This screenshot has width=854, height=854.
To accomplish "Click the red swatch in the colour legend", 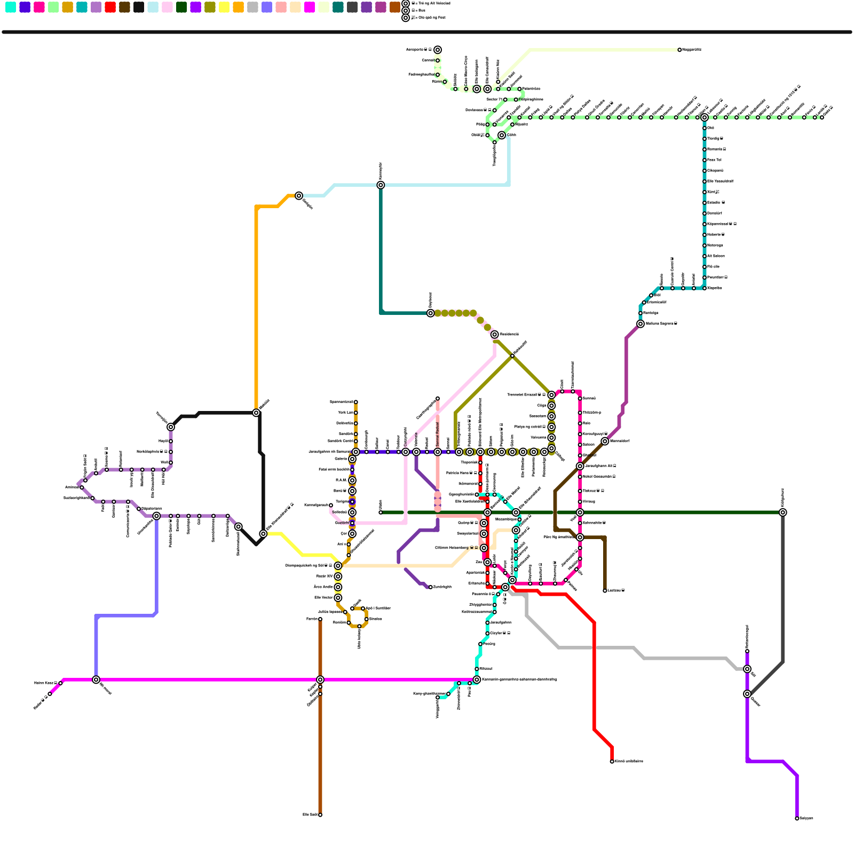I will coord(110,7).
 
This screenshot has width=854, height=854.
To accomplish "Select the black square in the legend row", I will coord(139,7).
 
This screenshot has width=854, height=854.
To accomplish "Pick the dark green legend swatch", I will coord(181,7).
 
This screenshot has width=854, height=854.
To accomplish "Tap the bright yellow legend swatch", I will coord(224,7).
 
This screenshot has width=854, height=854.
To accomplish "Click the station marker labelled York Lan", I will coord(356,413).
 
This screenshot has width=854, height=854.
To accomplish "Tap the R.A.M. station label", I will coord(341,480).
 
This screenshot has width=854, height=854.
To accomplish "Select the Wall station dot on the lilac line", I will coord(171,463).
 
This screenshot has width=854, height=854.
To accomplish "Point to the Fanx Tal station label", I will coord(715,160).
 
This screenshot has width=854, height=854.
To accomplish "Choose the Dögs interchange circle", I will coord(551,406).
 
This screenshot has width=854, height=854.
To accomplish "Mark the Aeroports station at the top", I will coord(438,50).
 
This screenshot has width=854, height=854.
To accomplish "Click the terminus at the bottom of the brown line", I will coord(320,815).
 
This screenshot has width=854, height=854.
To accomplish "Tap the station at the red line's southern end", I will coord(612,762).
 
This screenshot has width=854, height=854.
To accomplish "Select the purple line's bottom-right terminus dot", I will coord(797,818).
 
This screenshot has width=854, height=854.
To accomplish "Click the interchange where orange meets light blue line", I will coord(299,196).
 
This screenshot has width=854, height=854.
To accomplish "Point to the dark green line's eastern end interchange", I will coord(783,512).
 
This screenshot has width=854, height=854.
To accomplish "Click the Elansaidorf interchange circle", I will coord(605,441).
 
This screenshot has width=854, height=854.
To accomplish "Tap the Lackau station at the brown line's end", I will coord(605,591).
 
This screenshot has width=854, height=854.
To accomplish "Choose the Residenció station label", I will coord(509,335).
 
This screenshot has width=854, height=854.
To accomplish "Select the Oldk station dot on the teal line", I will coord(705,128).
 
